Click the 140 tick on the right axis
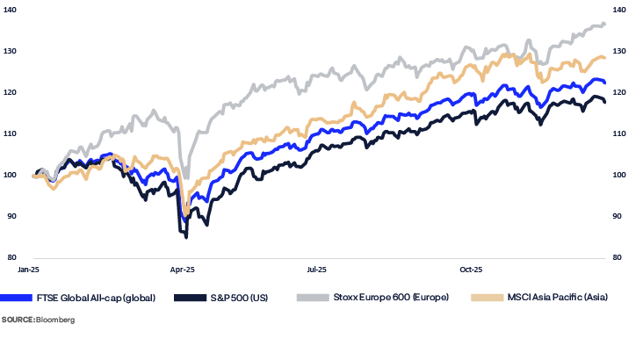(x=619, y=10)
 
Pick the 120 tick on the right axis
(x=619, y=92)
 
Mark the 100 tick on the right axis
(x=619, y=175)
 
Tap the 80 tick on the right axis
(x=618, y=257)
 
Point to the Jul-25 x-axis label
(x=317, y=267)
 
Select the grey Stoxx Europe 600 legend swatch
(x=314, y=298)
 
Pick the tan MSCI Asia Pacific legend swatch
(x=486, y=298)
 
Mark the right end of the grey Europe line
(x=605, y=24)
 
